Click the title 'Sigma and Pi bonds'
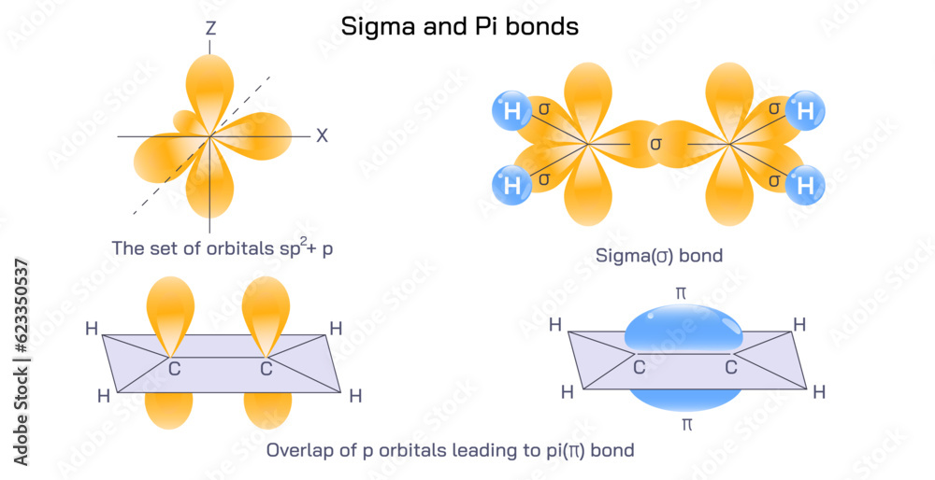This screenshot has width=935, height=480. point(459,26)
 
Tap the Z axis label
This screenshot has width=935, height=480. point(210,29)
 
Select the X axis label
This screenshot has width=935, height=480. point(322,135)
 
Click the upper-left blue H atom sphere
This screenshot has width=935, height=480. point(511,111)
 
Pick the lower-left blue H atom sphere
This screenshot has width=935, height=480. point(511,184)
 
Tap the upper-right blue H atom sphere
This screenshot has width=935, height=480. point(805,111)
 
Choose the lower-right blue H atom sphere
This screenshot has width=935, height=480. point(805,184)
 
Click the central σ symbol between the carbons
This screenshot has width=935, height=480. point(655,144)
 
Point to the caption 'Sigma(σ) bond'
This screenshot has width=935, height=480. point(659,255)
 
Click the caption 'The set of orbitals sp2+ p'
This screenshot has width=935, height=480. point(221,248)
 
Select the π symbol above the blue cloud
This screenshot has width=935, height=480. point(681,293)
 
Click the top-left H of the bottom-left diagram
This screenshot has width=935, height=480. point(92,329)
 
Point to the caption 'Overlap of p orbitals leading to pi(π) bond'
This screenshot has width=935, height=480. point(451,450)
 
